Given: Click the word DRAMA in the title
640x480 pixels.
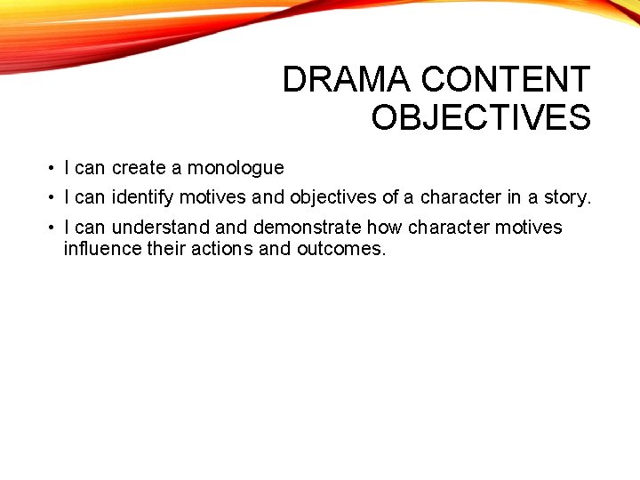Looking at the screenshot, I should click(348, 80).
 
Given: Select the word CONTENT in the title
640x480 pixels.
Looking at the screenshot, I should click(505, 80).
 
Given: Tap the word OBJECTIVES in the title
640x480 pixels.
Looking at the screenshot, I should click(481, 117).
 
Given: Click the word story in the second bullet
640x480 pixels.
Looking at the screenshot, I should click(569, 196).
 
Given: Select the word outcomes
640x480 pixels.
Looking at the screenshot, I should click(341, 249).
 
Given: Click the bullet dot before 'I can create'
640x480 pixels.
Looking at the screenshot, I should click(53, 168).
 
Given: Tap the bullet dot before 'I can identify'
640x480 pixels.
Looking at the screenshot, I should click(53, 196).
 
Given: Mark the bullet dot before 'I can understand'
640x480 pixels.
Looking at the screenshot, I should click(53, 228).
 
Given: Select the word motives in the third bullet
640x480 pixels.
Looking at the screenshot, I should click(529, 228).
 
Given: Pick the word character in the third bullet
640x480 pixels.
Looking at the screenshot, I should click(449, 228).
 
